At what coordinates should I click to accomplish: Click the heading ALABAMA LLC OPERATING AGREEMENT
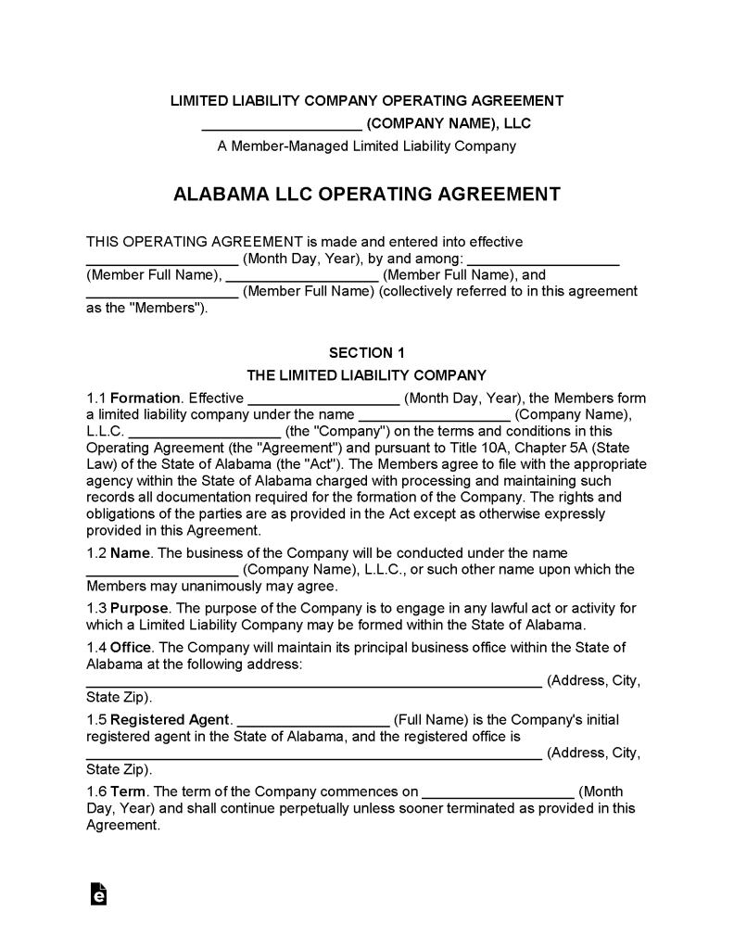pos(366,195)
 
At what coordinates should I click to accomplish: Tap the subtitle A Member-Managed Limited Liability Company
pos(366,146)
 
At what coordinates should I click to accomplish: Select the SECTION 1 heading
pos(366,352)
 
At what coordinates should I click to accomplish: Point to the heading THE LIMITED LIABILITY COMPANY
pos(366,375)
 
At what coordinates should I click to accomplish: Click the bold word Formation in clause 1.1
pos(146,399)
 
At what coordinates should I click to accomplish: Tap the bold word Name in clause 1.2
pos(129,553)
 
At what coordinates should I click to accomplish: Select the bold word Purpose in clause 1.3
pos(139,608)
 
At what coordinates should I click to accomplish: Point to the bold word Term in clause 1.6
pos(128,791)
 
